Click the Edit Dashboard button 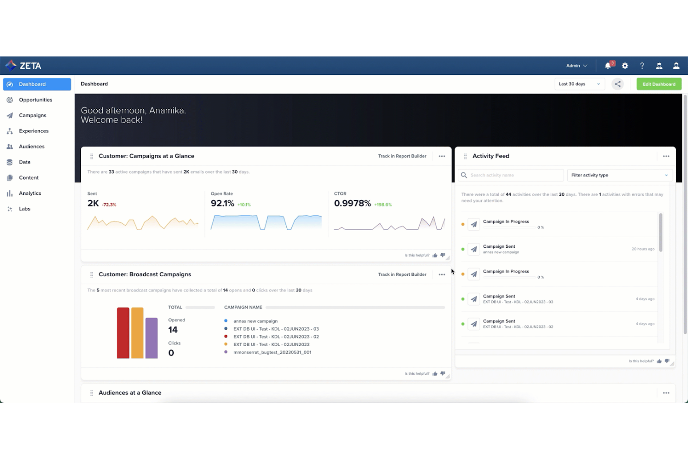click(659, 84)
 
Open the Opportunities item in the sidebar click(35, 100)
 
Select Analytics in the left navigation click(30, 193)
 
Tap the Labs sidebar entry click(25, 209)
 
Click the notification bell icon click(608, 66)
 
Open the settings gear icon click(625, 66)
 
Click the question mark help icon click(642, 66)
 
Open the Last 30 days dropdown click(579, 84)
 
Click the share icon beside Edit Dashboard click(617, 84)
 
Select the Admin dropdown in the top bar click(576, 66)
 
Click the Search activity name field click(511, 175)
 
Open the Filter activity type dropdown click(619, 175)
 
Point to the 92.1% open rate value click(222, 204)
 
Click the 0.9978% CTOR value click(352, 204)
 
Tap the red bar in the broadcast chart click(123, 333)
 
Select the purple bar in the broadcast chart click(152, 338)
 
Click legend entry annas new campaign click(255, 321)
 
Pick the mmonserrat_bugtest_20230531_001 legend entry click(272, 353)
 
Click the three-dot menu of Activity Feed click(666, 156)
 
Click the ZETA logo click(24, 66)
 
